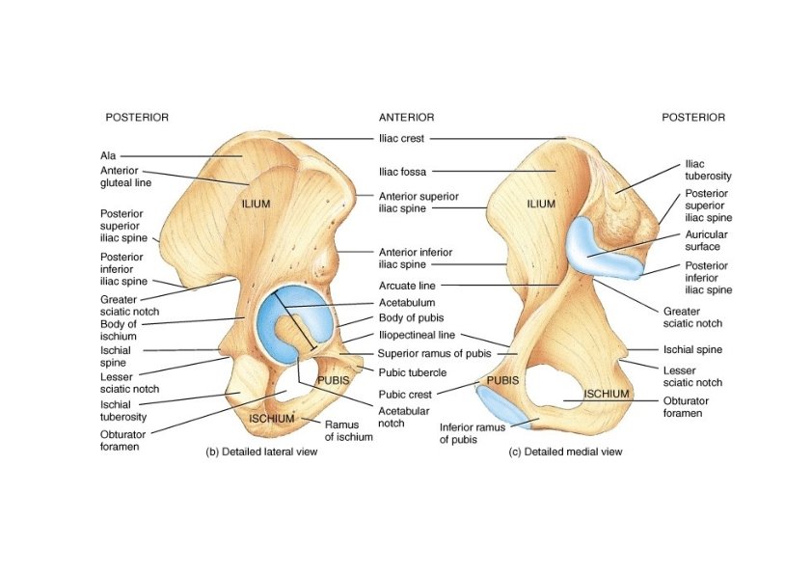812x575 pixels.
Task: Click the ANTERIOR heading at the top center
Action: [406, 117]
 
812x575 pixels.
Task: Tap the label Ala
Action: [107, 154]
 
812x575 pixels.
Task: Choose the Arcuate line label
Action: [403, 285]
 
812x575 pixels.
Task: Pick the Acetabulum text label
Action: [404, 302]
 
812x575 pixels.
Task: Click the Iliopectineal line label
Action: [416, 336]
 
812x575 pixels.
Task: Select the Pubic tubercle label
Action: [411, 371]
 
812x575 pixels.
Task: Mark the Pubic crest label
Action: [405, 394]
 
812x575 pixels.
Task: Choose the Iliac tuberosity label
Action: [708, 170]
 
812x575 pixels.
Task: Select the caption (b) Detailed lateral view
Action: [259, 452]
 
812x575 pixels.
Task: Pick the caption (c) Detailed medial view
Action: [565, 452]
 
